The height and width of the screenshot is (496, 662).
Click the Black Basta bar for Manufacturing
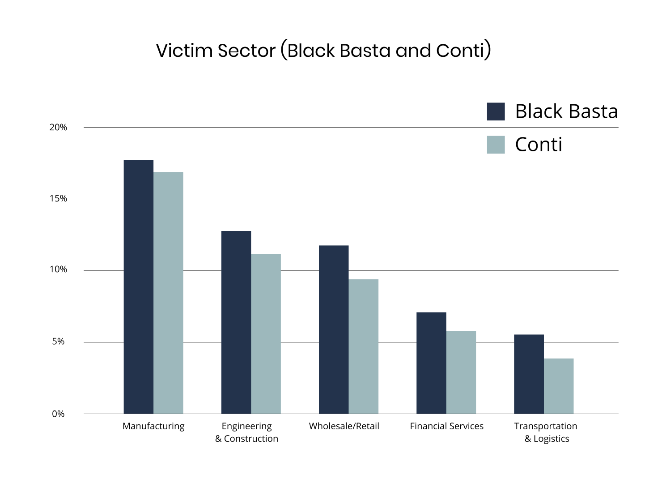click(139, 286)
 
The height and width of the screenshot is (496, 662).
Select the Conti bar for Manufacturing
click(168, 293)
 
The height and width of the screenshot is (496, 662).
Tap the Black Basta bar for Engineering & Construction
click(236, 322)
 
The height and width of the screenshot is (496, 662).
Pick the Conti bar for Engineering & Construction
click(266, 334)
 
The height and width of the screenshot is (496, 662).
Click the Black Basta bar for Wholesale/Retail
click(334, 329)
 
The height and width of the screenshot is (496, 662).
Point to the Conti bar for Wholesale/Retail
click(363, 346)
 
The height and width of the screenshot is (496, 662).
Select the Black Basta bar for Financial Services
click(431, 363)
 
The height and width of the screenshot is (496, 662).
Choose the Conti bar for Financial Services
click(461, 372)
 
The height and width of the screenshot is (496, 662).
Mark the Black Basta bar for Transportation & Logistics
click(529, 374)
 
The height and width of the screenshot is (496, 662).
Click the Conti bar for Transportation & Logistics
click(558, 386)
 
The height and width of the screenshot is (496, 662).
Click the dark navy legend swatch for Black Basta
click(496, 111)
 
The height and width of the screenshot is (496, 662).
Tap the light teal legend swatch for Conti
click(496, 145)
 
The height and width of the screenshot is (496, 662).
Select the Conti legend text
click(539, 145)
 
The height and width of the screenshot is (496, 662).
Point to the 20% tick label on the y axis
click(58, 128)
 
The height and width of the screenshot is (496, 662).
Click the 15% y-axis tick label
click(58, 199)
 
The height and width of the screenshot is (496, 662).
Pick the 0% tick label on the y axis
click(58, 414)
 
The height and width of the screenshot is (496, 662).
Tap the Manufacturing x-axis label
click(153, 426)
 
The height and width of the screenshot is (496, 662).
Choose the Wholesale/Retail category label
click(344, 426)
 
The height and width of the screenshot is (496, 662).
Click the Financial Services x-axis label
click(446, 426)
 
